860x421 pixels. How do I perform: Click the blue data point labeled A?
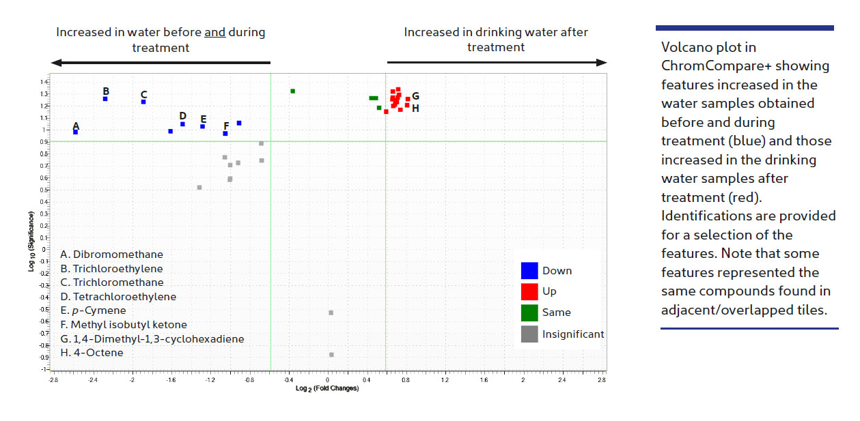click(75, 132)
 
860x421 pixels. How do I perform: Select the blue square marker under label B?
click(105, 99)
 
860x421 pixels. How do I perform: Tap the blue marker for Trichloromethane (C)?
click(143, 102)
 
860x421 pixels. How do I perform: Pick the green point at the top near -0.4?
click(292, 91)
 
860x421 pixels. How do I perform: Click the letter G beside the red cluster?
click(415, 96)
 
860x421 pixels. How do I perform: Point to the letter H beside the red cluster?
click(415, 108)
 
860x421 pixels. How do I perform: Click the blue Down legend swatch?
click(529, 271)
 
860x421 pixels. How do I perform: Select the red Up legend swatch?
click(529, 291)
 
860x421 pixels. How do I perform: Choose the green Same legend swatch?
click(529, 313)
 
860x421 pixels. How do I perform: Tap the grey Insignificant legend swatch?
click(529, 334)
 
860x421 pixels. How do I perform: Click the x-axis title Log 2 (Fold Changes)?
click(327, 389)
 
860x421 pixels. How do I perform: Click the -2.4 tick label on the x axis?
click(92, 379)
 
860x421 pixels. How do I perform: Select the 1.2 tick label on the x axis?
click(445, 379)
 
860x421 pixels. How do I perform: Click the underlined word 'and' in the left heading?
click(215, 32)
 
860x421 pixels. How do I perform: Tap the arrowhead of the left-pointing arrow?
click(55, 63)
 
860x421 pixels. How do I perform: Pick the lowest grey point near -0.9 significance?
click(331, 355)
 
